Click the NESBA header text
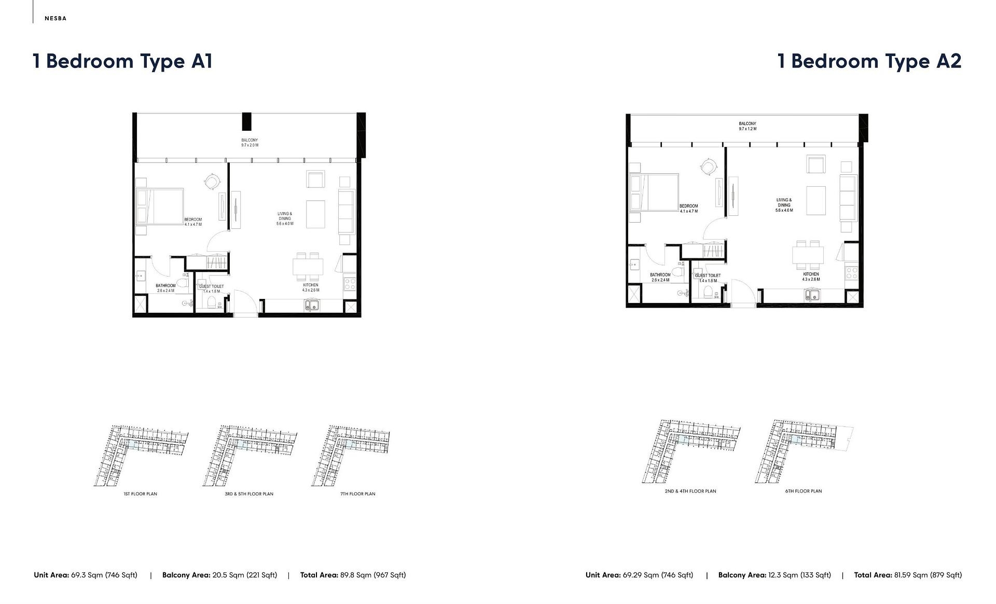click(x=56, y=19)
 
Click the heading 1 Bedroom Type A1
click(x=123, y=61)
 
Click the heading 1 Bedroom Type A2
click(x=869, y=61)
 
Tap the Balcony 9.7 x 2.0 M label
click(x=250, y=143)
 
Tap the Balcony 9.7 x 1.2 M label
click(x=748, y=126)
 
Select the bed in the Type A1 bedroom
click(x=160, y=206)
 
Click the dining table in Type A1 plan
click(x=308, y=267)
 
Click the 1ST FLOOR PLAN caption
click(x=140, y=494)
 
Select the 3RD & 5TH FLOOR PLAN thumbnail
click(x=249, y=455)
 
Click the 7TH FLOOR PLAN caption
click(x=357, y=494)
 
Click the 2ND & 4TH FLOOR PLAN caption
click(x=690, y=491)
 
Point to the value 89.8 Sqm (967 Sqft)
click(x=373, y=575)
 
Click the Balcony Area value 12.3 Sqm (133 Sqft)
click(x=800, y=575)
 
